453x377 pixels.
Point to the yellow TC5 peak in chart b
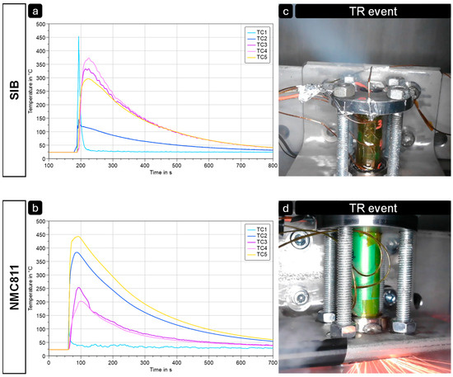77,237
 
